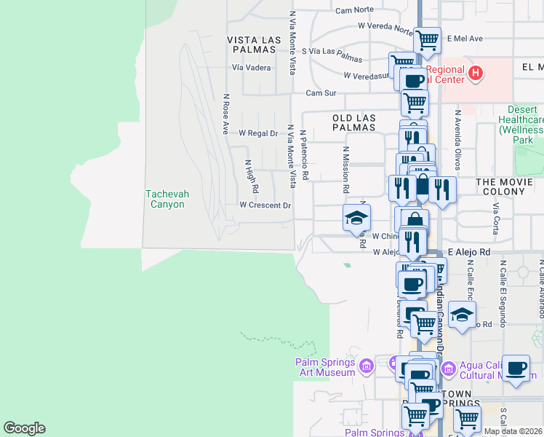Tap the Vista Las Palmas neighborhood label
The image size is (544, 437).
click(x=252, y=44)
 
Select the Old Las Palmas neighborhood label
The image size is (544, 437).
click(x=354, y=122)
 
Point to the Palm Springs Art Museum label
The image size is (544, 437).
click(x=327, y=367)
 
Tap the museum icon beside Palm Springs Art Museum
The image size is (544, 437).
click(x=366, y=365)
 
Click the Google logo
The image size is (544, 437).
click(x=24, y=428)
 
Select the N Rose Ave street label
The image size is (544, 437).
click(x=226, y=114)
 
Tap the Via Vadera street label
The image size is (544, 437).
click(x=252, y=68)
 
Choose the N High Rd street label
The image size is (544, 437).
click(x=251, y=176)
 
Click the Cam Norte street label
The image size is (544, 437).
click(x=355, y=10)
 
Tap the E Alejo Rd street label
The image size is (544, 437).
click(x=470, y=251)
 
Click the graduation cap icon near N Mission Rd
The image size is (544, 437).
click(x=357, y=217)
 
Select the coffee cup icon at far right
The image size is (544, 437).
click(x=516, y=368)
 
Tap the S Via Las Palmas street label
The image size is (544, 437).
click(x=331, y=52)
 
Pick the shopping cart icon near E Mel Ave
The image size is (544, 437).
click(x=427, y=39)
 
